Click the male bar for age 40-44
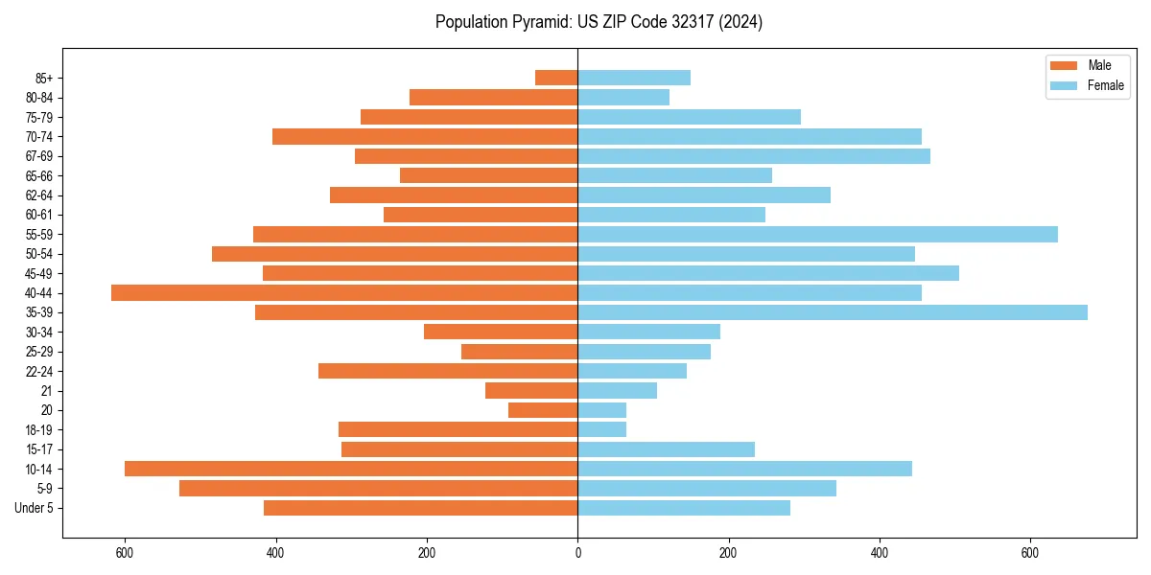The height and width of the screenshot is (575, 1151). pos(344,292)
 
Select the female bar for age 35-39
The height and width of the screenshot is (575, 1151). pos(833,312)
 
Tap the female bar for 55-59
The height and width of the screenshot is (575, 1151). pos(817,234)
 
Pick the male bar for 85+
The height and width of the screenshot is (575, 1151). pos(556,78)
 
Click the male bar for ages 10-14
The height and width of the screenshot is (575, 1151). pos(351,469)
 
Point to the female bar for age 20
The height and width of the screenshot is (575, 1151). pos(602,410)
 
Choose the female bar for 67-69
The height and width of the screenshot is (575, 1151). pos(754,156)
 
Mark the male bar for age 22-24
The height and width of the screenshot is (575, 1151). pos(448,371)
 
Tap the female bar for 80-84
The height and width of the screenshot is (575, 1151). pos(623,97)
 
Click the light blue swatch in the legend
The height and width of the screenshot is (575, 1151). pos(1064,85)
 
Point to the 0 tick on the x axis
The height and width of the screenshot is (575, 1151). pos(577,553)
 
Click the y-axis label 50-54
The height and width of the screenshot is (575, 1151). pos(39,254)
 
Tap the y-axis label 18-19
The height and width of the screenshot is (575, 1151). pos(39,430)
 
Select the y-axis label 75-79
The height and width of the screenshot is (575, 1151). pos(39,117)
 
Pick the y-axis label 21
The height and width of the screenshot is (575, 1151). pos(46,391)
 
